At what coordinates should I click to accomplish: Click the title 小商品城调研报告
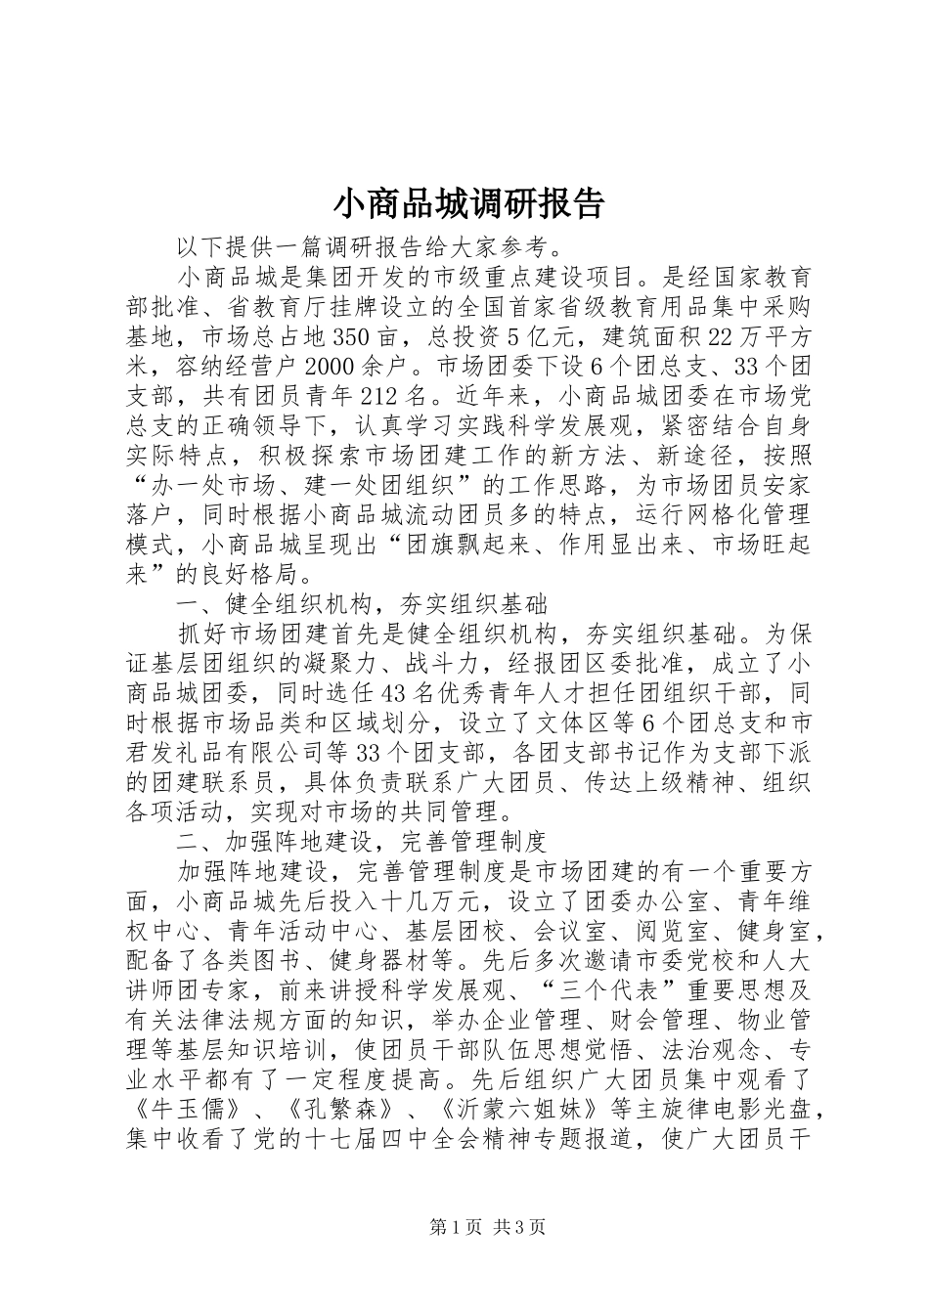point(469,203)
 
